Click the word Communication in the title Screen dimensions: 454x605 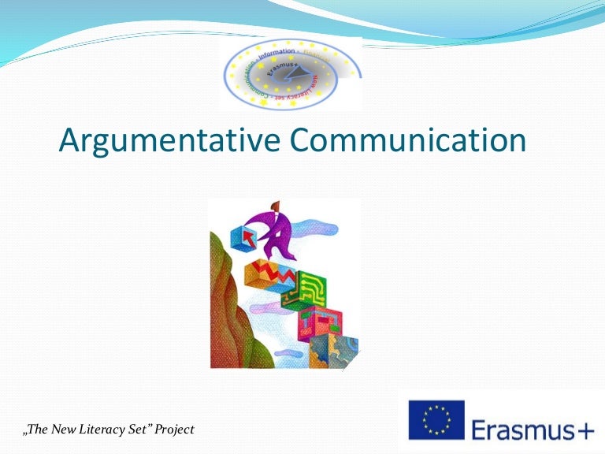[406, 141]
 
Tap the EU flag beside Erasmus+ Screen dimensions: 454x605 [436, 419]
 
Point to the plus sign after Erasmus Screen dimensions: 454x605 [583, 430]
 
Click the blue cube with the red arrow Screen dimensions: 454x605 [243, 236]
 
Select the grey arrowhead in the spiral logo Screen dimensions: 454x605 [291, 75]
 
